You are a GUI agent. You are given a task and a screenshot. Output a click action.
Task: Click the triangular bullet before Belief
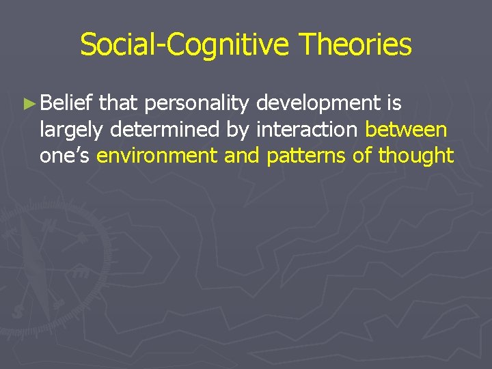point(28,105)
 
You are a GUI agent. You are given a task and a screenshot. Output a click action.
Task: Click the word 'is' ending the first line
point(394,103)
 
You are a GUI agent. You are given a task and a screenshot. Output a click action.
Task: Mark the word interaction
point(308,129)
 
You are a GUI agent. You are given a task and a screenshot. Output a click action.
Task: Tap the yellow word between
point(406,129)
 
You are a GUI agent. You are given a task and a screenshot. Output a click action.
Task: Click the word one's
point(65,155)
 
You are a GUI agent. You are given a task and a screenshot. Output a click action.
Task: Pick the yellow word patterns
point(306,156)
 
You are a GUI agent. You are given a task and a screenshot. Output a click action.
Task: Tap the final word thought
point(415,156)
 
